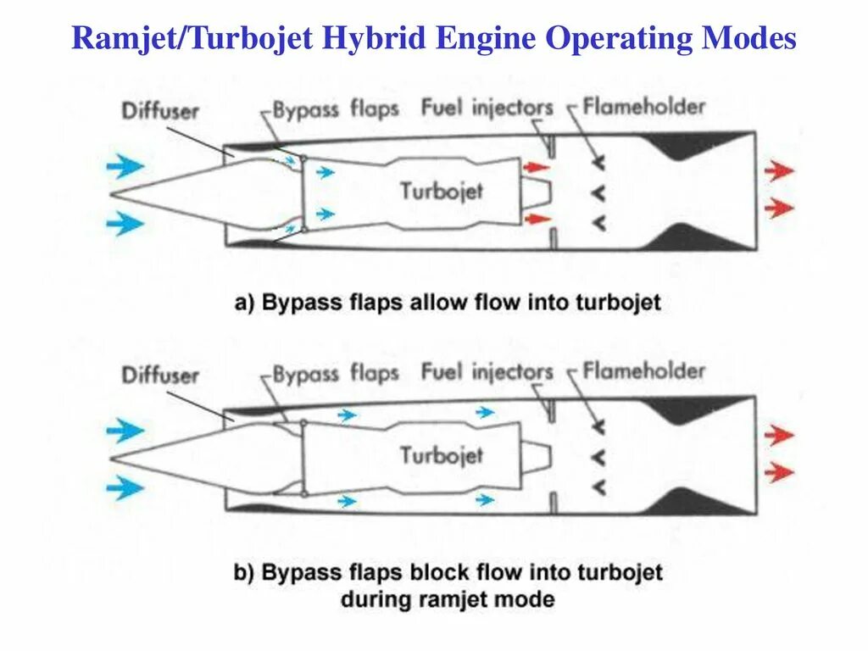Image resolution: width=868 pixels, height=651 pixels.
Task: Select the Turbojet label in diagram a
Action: coord(442,190)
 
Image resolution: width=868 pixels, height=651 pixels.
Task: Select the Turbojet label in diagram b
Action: coord(442,455)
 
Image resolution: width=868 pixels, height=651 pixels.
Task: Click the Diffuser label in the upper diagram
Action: coord(160,110)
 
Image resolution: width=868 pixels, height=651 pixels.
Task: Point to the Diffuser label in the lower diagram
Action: coord(160,375)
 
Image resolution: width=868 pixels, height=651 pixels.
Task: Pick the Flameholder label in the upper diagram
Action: coord(643,107)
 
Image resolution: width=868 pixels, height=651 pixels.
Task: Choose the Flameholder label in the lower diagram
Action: coord(643,371)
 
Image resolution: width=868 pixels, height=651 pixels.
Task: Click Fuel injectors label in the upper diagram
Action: coord(487,108)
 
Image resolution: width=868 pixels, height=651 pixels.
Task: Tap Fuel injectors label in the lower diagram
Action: coord(487,372)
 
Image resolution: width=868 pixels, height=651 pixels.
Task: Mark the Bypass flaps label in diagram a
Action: coord(335,110)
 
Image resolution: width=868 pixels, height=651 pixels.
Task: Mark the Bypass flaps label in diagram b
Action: coord(335,375)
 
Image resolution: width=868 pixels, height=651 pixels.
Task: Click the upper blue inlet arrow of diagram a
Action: coord(126,166)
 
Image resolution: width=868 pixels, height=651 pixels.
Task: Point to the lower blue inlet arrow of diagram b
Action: coord(126,487)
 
